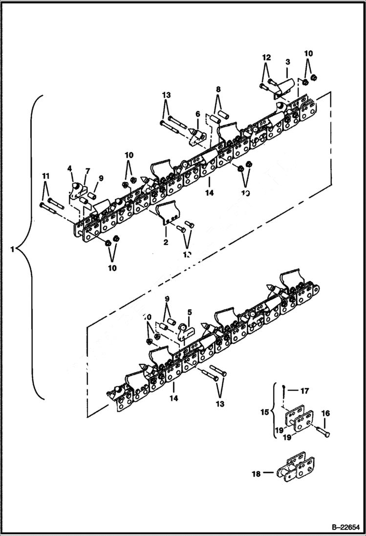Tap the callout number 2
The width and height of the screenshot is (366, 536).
(x=166, y=242)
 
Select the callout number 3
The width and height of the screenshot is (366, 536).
(x=288, y=62)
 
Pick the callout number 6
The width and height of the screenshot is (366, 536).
(x=197, y=114)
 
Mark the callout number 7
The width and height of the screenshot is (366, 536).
(x=87, y=171)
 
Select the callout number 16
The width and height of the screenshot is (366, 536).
(x=325, y=413)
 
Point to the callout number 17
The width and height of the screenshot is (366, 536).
(x=304, y=391)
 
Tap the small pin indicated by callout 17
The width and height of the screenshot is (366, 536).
(x=283, y=390)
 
